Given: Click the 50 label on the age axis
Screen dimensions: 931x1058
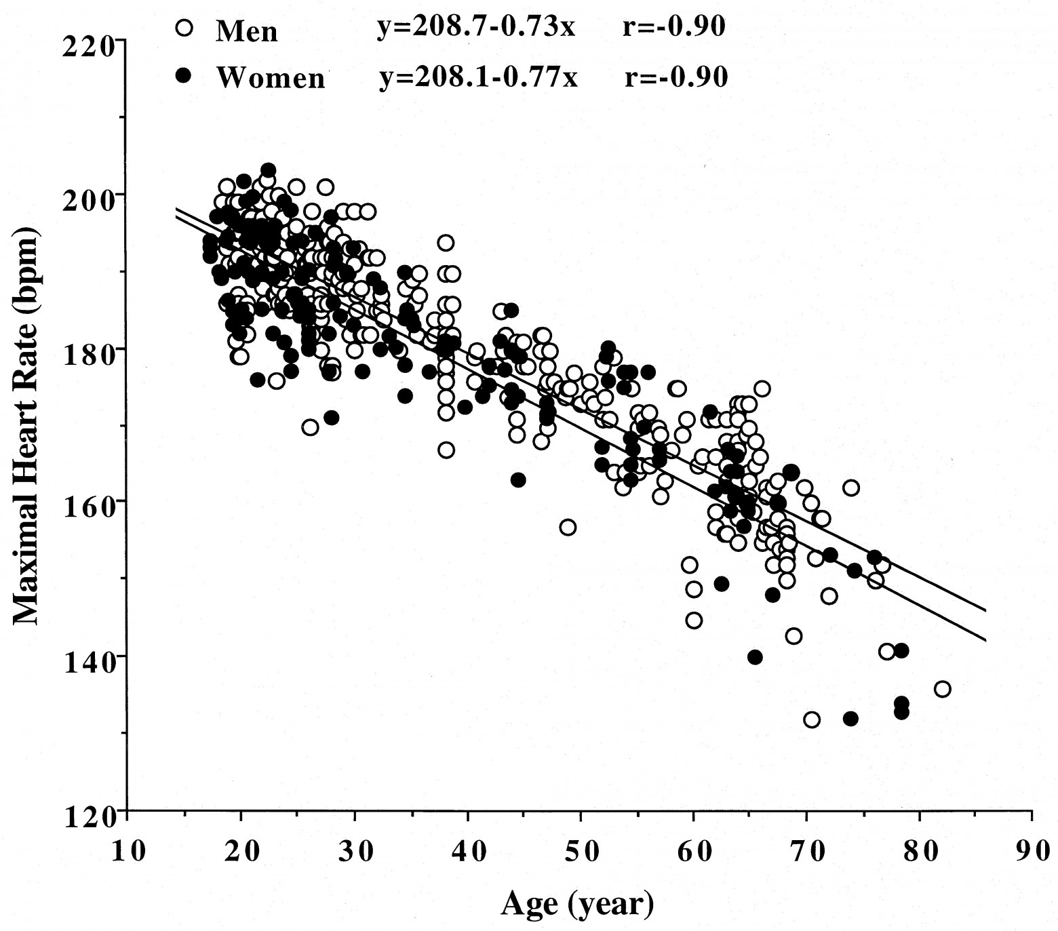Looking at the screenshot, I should [580, 850].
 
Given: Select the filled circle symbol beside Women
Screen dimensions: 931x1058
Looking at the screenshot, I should [184, 76].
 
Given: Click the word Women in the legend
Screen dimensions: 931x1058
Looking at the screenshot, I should [271, 78].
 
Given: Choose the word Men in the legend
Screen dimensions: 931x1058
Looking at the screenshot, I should [246, 31].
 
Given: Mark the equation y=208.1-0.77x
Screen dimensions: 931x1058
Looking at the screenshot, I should [478, 76].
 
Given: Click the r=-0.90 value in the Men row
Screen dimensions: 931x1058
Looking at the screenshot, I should [673, 27].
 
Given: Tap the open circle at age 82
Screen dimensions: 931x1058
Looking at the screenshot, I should [942, 689].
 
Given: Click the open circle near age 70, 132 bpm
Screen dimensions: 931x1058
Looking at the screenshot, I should [811, 719].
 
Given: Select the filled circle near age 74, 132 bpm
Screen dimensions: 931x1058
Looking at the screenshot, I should [850, 719].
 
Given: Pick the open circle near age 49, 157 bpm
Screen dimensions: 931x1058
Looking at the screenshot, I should [568, 527].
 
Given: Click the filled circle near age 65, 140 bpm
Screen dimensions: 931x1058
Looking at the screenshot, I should [755, 657].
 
